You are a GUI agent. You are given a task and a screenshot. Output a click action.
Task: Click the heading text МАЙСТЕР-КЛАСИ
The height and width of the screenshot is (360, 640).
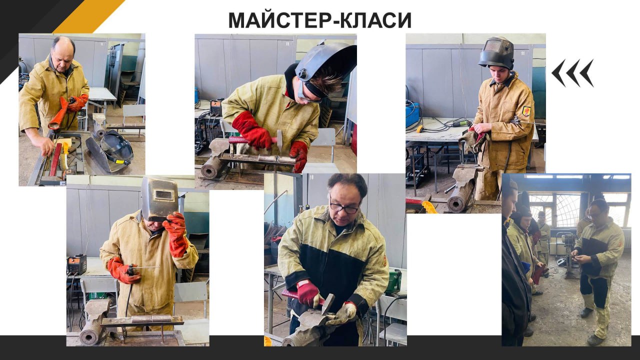319,20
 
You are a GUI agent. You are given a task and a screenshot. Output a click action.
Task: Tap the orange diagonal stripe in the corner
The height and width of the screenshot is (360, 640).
88,16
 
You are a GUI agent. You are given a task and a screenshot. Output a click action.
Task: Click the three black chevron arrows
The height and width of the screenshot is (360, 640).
572,73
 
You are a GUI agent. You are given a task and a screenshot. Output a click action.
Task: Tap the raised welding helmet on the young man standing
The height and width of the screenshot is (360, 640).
497,52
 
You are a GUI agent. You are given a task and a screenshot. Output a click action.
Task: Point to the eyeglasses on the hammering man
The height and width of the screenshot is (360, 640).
344,208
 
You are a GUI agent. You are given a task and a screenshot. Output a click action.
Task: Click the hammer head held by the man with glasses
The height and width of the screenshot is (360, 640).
327,303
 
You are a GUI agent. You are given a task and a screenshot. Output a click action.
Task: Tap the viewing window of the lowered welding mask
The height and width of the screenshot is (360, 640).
163,195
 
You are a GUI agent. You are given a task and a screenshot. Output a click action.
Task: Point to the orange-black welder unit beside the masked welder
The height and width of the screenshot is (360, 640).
76,264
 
